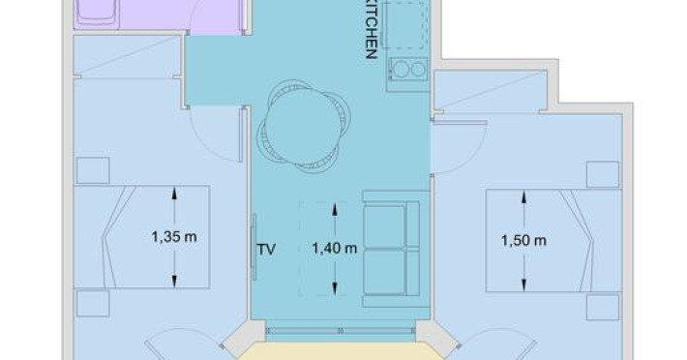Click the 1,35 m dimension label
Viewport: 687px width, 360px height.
(174, 237)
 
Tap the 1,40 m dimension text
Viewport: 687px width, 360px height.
(335, 249)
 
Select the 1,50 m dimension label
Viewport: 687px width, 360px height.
(524, 240)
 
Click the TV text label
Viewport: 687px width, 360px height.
(266, 250)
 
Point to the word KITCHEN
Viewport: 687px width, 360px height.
(372, 29)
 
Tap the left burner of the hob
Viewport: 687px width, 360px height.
(401, 70)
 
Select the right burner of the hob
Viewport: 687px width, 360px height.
(418, 70)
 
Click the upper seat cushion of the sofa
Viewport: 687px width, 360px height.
(385, 225)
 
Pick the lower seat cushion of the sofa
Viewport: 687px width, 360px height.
(385, 272)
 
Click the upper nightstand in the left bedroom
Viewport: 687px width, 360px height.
(93, 170)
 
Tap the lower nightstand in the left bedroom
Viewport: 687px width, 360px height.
(93, 304)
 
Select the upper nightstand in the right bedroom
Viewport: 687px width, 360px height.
(603, 174)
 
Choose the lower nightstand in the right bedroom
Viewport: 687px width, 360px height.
(603, 307)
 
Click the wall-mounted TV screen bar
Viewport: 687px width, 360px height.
(254, 247)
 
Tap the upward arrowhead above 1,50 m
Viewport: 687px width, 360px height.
(524, 197)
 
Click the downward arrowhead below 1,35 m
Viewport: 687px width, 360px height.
(174, 281)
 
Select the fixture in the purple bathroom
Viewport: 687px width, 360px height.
(97, 14)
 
